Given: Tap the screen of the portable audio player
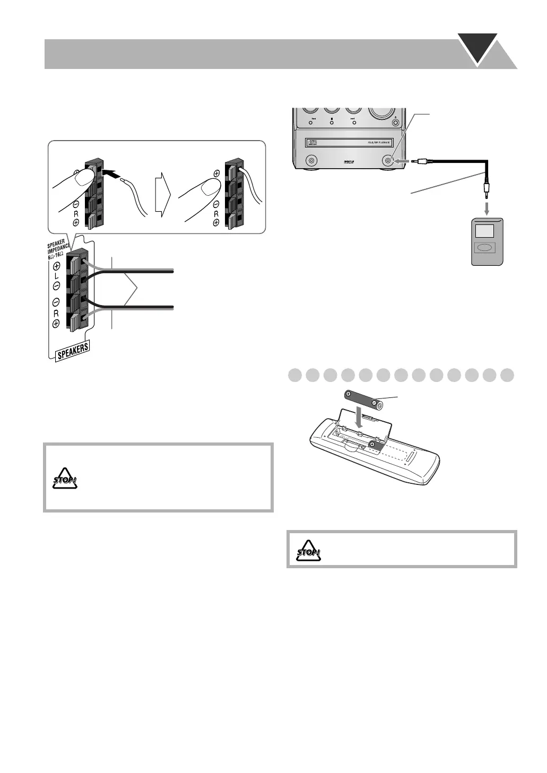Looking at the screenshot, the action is [x=484, y=231].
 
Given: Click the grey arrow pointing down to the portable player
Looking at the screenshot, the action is [x=487, y=206].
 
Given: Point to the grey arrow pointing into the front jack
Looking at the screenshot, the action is [x=403, y=160].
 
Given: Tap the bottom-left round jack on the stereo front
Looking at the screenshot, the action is [x=311, y=160].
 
